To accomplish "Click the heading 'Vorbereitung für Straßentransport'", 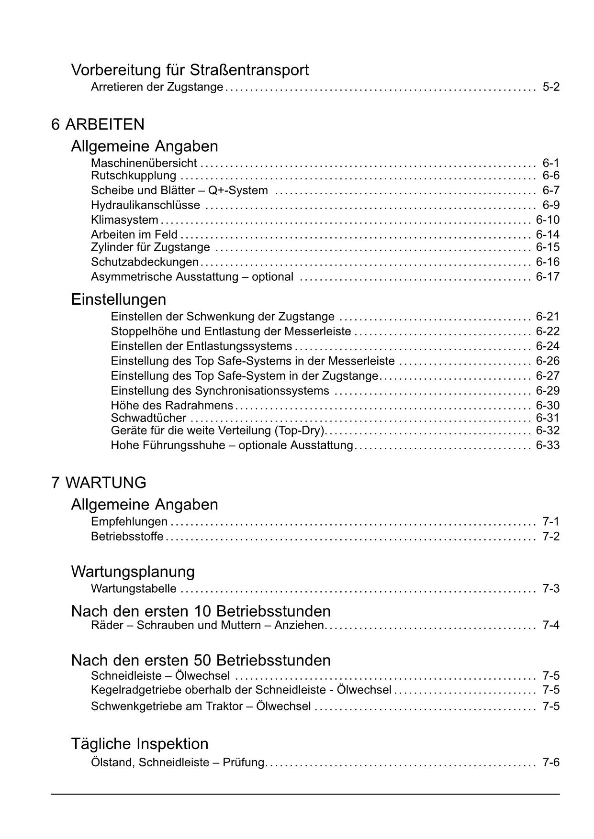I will [190, 70].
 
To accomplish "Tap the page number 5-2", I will [550, 87].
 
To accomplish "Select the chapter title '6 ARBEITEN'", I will [98, 124].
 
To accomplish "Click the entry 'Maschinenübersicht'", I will [144, 163].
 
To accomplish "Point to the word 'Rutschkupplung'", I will [134, 176].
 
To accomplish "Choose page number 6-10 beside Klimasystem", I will [547, 220].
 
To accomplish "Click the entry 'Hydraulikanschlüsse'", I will [146, 205].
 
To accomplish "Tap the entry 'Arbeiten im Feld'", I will [134, 234].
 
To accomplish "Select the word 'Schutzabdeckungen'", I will [145, 262].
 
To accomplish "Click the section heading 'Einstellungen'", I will [119, 299].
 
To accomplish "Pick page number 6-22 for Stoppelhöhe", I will [547, 331].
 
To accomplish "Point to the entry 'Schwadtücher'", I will [148, 418].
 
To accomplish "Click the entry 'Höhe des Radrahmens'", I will [172, 406].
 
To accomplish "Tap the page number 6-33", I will [547, 445].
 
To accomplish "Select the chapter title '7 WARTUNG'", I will [99, 483].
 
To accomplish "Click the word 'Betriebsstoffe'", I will [127, 536].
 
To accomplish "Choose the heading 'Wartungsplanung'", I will [133, 572].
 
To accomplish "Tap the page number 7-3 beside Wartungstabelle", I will [550, 588].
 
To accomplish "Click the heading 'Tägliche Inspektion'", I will [140, 744].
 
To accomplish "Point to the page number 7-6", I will [550, 762].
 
